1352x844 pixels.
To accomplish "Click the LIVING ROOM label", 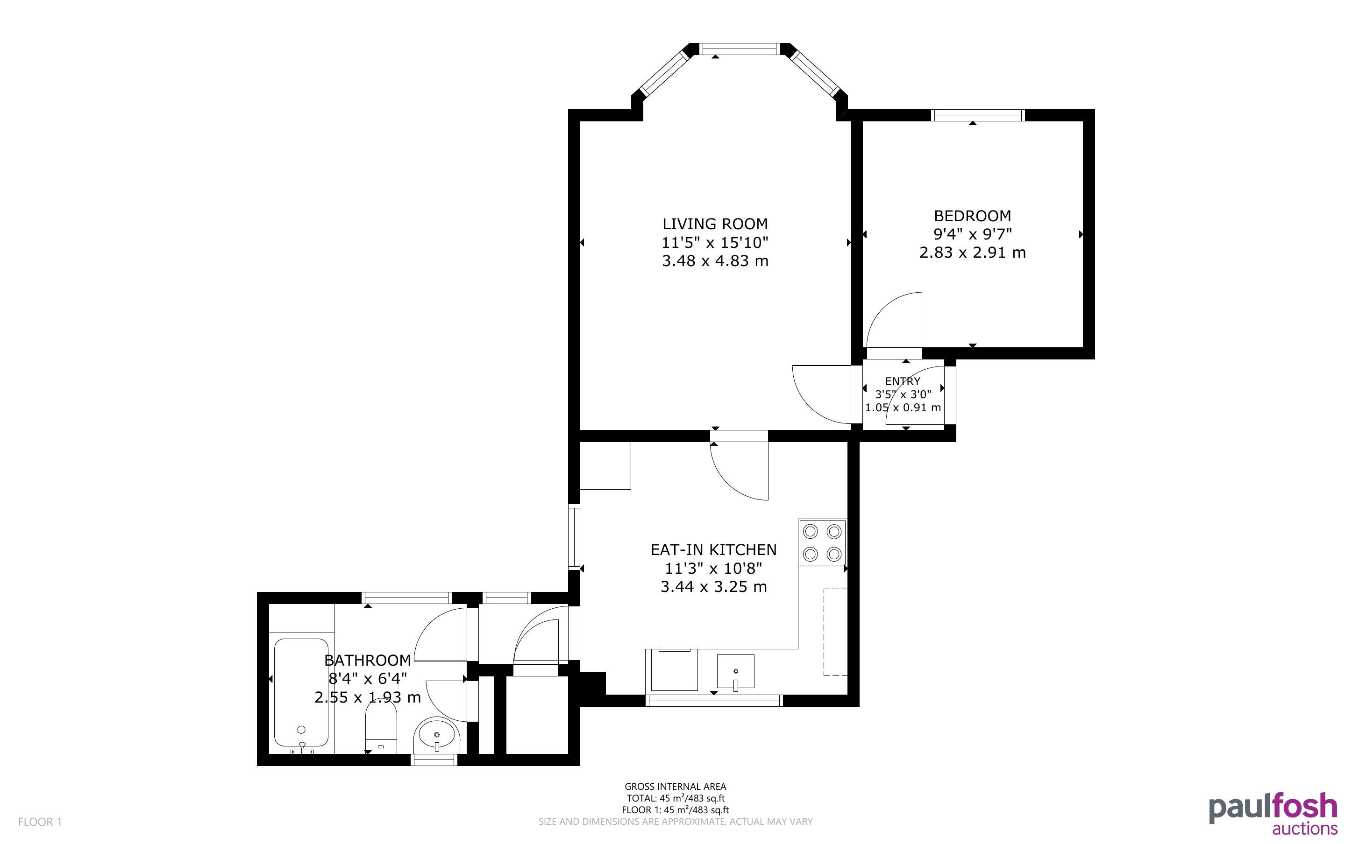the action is coord(715,224).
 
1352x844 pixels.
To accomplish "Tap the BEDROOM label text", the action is coord(972,216).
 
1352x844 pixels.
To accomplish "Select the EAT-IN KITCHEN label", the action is coord(713,550).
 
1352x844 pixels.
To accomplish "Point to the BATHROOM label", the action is coord(368,661).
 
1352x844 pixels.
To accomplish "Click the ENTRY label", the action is coord(903,381).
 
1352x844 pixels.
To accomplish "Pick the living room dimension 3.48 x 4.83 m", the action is coord(715,260).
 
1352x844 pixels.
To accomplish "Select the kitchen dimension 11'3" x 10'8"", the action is coord(713,568).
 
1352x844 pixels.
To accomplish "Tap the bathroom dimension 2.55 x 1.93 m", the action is coord(368,697).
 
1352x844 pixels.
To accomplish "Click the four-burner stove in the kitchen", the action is coord(822,542).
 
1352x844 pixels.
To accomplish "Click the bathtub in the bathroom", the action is coord(301,693).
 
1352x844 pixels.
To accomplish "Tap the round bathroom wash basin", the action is coord(437,736).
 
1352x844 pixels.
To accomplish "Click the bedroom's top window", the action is coord(978,115).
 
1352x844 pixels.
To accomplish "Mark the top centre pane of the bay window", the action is coord(740,49).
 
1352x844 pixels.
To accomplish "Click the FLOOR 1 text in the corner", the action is coord(40,822).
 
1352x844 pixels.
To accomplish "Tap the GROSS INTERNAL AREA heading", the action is coord(675,787).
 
